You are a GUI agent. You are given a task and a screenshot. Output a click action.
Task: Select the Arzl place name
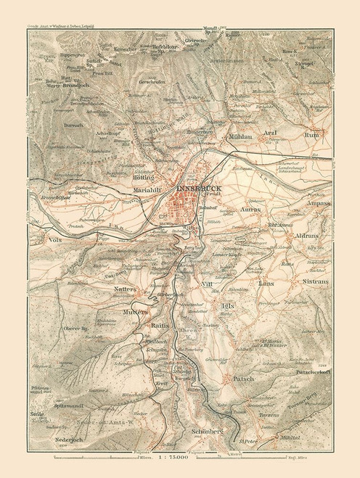(292, 133)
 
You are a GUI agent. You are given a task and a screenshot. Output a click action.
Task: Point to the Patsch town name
(240, 378)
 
